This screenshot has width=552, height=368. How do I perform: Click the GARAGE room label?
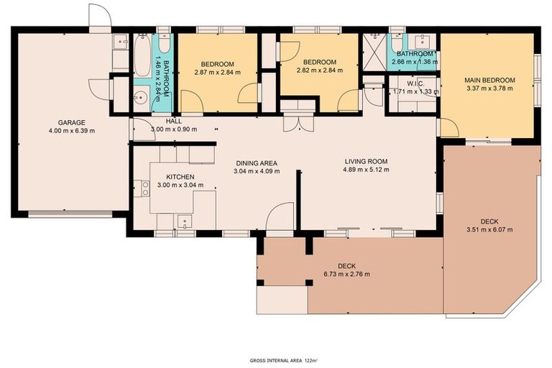72,122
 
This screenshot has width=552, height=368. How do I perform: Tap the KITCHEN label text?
180,177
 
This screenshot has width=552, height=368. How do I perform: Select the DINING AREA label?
257,162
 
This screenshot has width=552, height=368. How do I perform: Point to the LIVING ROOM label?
366,162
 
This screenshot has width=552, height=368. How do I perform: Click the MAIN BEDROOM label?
489,80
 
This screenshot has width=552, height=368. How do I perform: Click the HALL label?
173,121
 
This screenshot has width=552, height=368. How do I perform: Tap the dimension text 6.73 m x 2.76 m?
346,274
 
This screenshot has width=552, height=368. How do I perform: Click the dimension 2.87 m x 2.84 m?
217,71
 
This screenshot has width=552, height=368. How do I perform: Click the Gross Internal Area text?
283,359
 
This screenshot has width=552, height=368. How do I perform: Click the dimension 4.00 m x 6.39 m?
72,131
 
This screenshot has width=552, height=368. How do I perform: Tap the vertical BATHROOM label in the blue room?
166,78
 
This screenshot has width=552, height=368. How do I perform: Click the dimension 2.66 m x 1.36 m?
413,63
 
